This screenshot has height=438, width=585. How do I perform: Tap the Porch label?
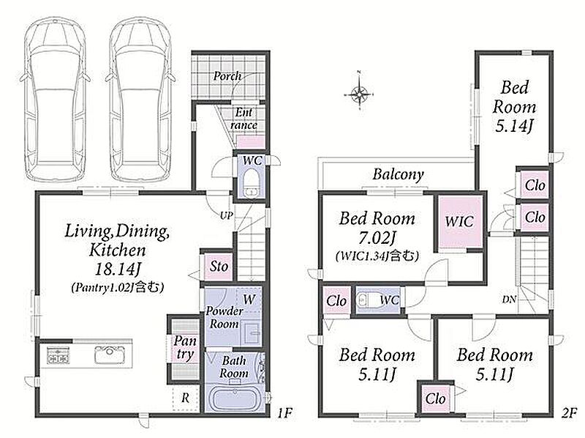point(227,76)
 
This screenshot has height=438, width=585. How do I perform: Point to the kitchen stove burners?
point(58,355)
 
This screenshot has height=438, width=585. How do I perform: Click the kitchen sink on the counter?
point(109,355)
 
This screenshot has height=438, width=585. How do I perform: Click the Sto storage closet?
point(218,267)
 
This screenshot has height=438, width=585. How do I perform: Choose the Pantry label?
point(185,348)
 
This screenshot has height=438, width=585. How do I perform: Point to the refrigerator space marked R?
point(186,398)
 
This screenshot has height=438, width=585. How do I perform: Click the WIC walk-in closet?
point(460,222)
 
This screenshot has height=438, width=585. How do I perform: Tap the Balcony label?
point(398,174)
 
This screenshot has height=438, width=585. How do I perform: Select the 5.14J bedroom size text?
point(514,126)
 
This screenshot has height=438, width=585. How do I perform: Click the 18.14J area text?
point(116,269)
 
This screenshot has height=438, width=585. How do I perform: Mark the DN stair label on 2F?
point(509,300)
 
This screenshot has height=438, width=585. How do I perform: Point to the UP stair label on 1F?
point(227,215)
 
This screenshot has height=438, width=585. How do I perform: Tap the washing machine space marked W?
point(249,299)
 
